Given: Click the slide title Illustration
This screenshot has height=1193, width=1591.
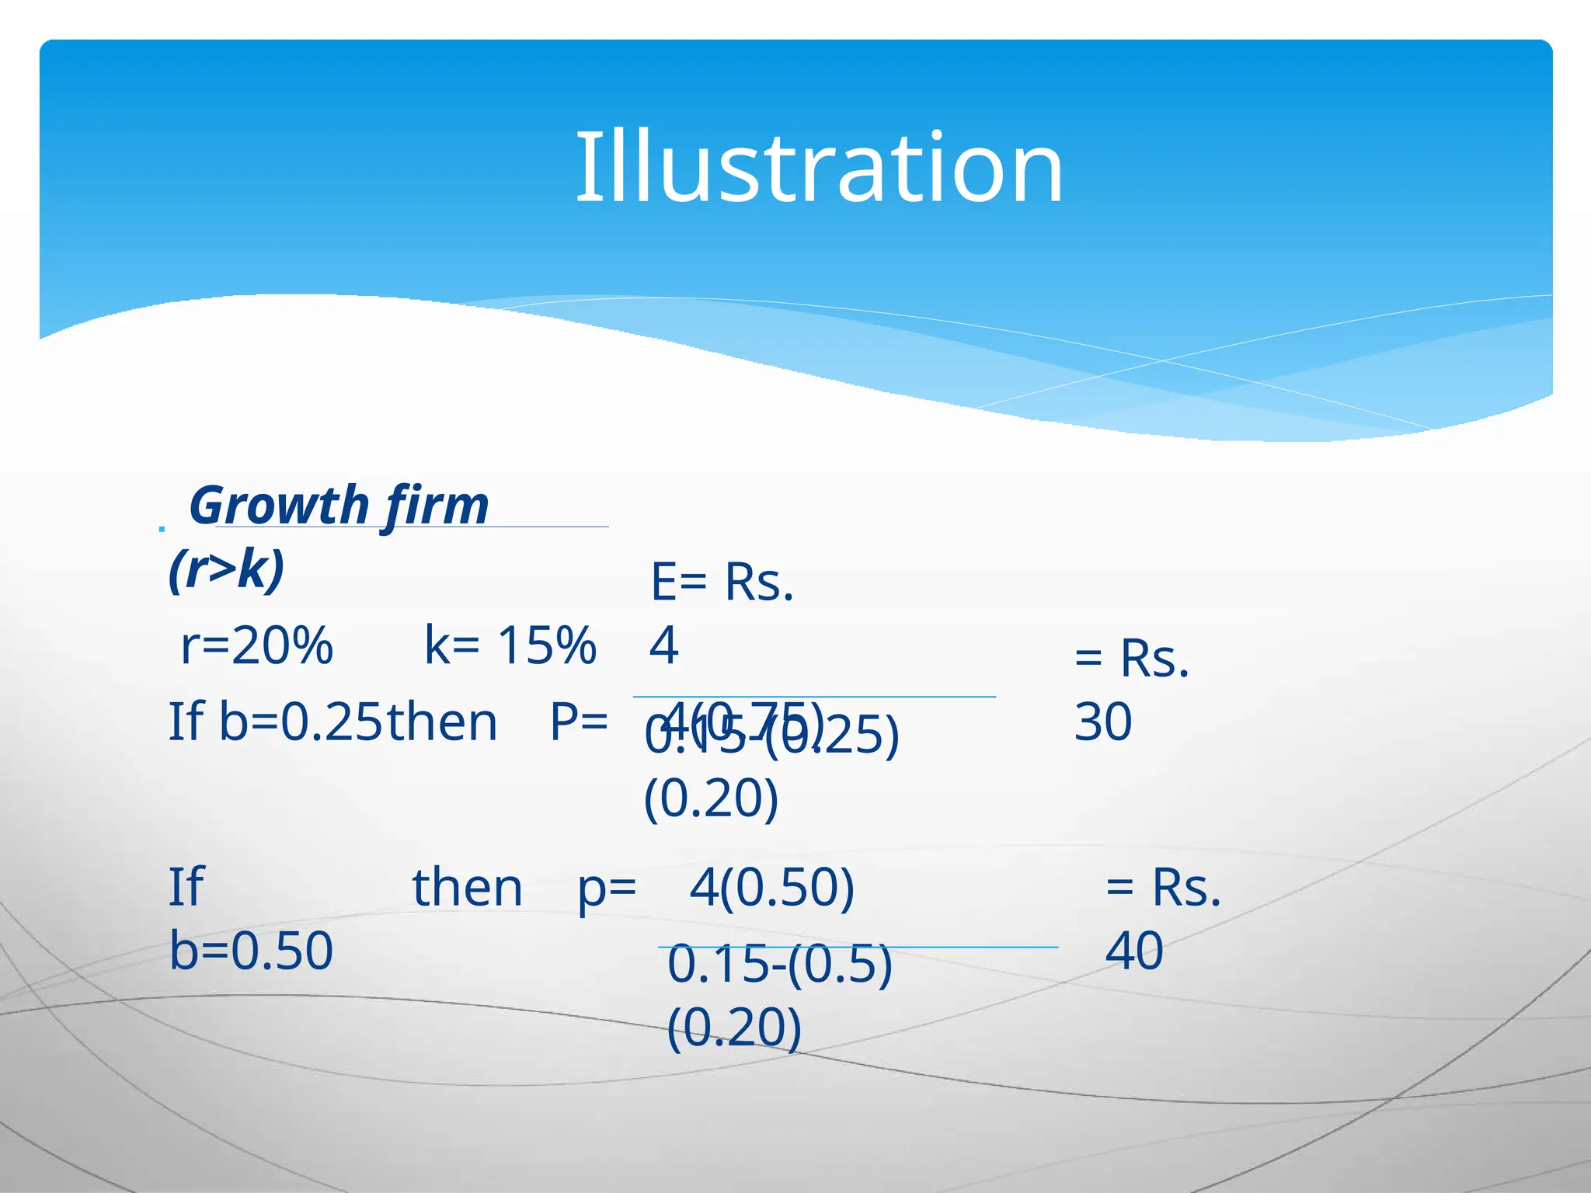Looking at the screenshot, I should (x=818, y=168).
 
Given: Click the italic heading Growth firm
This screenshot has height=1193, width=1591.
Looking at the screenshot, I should (x=339, y=506).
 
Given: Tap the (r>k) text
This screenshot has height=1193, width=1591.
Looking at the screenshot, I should (x=227, y=569).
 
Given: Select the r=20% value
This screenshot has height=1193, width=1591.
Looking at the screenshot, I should (x=256, y=645).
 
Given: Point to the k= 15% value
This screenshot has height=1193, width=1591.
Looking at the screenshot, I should (x=510, y=645).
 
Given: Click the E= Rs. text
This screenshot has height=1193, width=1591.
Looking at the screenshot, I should (x=722, y=583).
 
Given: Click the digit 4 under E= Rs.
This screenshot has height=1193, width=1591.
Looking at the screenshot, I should (x=664, y=645).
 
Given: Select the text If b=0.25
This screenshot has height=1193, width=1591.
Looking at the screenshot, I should (x=276, y=722).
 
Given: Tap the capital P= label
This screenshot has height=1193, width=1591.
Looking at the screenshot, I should (x=579, y=722).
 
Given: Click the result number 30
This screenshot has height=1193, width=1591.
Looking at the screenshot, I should (x=1103, y=722).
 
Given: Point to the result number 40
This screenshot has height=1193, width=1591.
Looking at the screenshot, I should (x=1134, y=950).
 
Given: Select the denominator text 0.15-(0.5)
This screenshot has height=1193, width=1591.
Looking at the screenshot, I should (x=780, y=965).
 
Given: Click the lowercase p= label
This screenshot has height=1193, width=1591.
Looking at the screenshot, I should (x=607, y=887).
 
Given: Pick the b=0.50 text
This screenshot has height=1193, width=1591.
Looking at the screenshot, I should (x=251, y=950).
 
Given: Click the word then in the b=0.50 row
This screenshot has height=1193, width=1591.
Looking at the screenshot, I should (x=467, y=887).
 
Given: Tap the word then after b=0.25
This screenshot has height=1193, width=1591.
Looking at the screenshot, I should (x=442, y=722).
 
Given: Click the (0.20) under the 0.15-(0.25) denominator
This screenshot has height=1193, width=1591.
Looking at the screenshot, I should (x=711, y=798).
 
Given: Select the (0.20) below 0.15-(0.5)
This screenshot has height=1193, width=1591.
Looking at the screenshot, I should (x=734, y=1028).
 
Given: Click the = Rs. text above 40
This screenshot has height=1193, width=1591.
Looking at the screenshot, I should (x=1163, y=887).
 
